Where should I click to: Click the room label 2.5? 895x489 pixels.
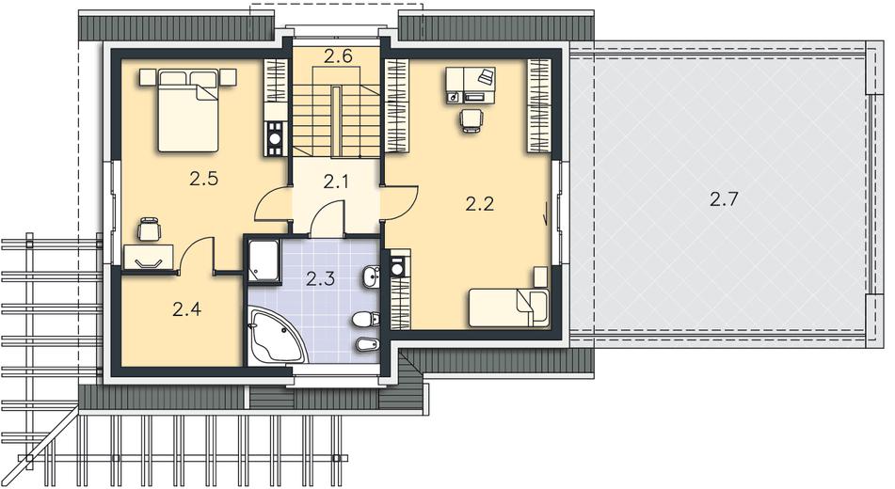(204, 180)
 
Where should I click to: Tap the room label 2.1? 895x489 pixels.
(336, 182)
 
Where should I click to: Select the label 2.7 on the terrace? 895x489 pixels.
(725, 199)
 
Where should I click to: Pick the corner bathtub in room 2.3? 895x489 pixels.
(274, 337)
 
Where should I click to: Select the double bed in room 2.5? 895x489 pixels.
(188, 110)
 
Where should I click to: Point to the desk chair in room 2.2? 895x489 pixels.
(472, 120)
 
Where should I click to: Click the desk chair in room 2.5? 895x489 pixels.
(150, 229)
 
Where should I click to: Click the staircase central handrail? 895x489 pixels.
(337, 121)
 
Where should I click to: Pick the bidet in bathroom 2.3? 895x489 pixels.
(366, 344)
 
